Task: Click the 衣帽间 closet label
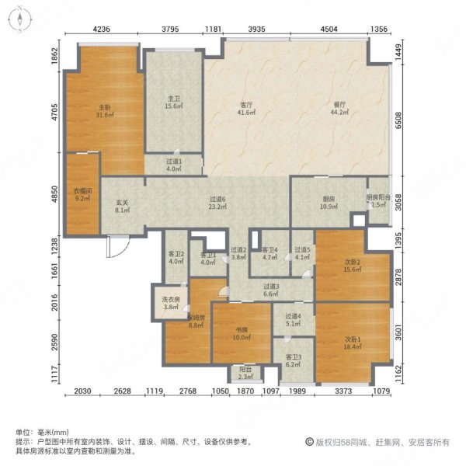click(82, 194)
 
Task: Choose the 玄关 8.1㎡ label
click(122, 204)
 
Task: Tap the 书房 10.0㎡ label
click(242, 334)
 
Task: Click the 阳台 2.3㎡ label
click(245, 373)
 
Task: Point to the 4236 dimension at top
click(103, 30)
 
